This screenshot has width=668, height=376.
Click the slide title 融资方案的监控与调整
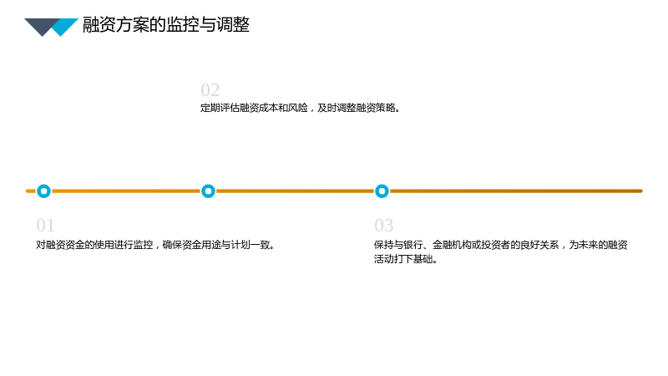[x=165, y=25]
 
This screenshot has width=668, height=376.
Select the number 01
[x=45, y=225]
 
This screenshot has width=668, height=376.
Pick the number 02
[x=210, y=90]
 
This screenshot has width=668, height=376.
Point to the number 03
[x=384, y=225]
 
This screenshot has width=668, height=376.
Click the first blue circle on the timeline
[x=43, y=191]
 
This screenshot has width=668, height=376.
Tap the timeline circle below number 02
[x=208, y=191]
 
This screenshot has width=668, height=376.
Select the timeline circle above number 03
[x=382, y=191]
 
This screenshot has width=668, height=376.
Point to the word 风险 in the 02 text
[x=298, y=108]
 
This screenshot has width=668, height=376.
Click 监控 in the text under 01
[x=143, y=245]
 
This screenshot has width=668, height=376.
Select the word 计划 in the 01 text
[x=240, y=245]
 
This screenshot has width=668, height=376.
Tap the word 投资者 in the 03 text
[x=495, y=245]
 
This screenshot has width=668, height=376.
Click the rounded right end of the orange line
[x=640, y=191]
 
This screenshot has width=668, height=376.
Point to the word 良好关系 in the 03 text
[x=539, y=245]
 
